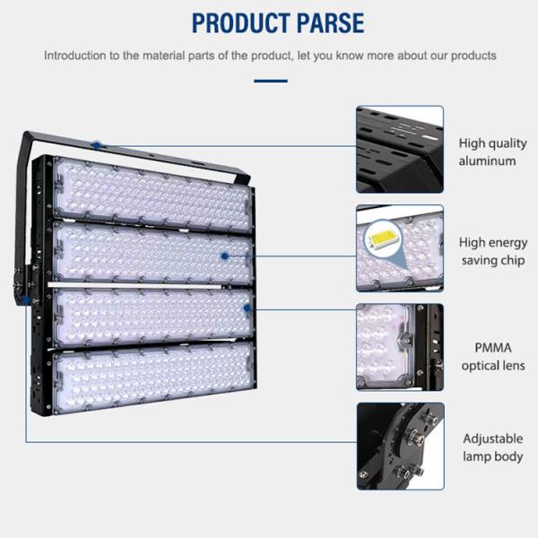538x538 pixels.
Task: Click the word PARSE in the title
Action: coord(321,22)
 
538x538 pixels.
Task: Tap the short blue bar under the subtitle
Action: coord(270,81)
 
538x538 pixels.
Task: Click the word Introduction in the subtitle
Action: coord(78,56)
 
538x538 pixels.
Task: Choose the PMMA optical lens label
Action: coord(492,356)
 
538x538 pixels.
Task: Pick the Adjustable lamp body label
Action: coord(492,447)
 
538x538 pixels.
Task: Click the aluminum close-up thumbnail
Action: coord(400,149)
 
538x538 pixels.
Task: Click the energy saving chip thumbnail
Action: coord(400,248)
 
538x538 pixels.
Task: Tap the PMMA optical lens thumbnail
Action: coord(400,346)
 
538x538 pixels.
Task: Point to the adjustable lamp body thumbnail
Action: coord(400,445)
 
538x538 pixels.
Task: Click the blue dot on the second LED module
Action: coord(225,256)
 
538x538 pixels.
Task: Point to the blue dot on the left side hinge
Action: coord(26,300)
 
